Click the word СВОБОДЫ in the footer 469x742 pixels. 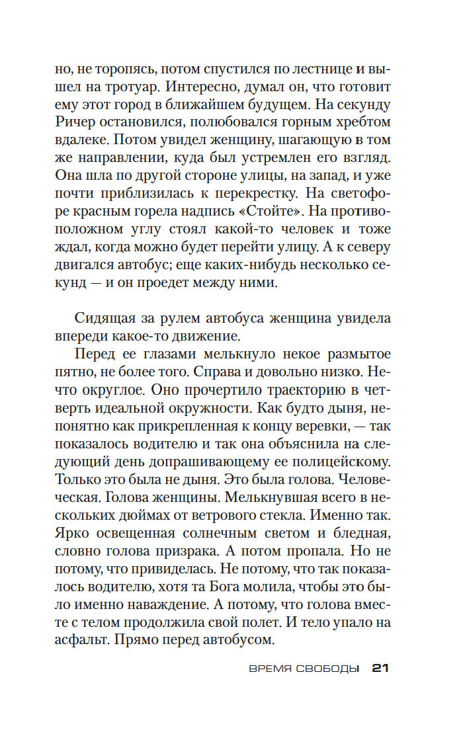(331, 669)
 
